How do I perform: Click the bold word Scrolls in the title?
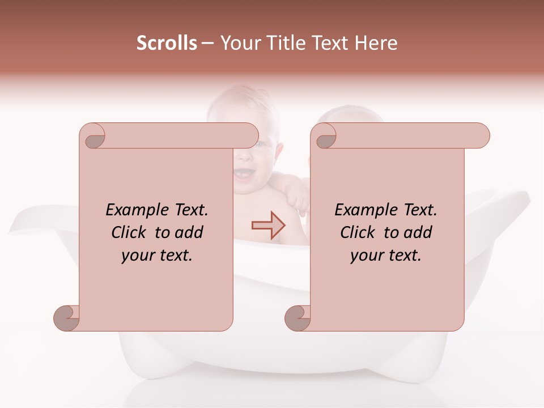coord(167,43)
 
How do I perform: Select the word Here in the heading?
coord(376,43)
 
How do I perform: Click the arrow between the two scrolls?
coord(269,225)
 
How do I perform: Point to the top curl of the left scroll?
coord(94,137)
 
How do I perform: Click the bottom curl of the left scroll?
coord(67,318)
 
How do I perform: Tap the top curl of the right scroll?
coord(326,137)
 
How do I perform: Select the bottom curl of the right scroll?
coord(298,318)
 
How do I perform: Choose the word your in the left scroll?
coord(138,256)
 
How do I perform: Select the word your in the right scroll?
coord(367,256)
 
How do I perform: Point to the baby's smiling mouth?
coord(244,172)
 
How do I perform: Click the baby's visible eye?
coord(259,146)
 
